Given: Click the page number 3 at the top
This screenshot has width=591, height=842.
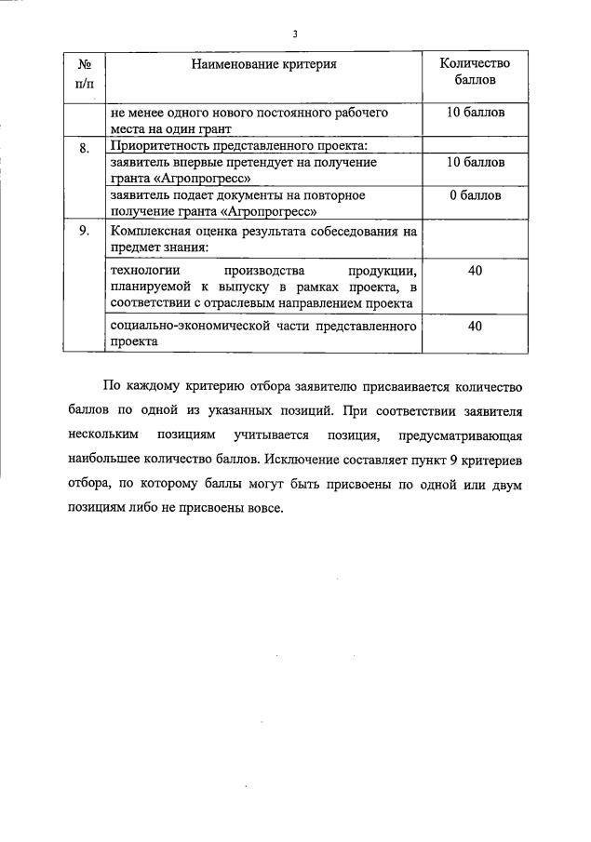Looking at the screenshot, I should tap(295, 34).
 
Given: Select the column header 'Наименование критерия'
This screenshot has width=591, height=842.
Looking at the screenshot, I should tap(263, 64).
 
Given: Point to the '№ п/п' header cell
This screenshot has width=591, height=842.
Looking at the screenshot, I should tap(85, 73).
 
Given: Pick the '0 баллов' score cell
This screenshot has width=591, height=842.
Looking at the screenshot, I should tap(475, 195).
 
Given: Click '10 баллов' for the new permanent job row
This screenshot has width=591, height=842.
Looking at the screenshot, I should tap(475, 113).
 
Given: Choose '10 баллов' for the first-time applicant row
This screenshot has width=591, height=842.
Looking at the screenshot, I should tap(475, 162).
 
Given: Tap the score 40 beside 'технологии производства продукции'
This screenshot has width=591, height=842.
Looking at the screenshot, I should tap(475, 270).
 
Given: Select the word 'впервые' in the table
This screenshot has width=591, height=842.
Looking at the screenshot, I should tap(199, 162).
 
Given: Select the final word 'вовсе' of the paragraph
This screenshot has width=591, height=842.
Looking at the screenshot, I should tap(263, 508).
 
